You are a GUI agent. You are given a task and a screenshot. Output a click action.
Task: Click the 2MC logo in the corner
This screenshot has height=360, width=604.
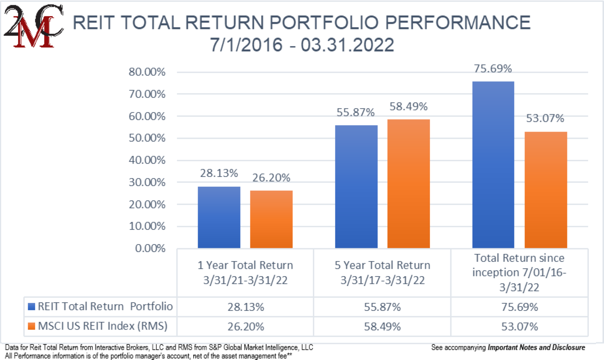[33, 27]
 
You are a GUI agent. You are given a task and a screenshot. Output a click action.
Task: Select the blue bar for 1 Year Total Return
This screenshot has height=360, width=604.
[219, 217]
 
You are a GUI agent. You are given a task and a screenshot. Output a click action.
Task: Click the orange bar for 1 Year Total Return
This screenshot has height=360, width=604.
[271, 219]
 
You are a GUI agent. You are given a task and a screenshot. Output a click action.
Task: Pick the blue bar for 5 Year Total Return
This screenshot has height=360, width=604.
[356, 187]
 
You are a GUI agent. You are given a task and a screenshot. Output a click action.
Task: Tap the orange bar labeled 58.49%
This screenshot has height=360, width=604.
[408, 184]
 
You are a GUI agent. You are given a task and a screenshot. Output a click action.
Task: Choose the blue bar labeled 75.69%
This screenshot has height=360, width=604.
[493, 165]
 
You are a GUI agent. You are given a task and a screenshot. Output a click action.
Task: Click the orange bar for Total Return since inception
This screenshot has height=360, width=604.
[545, 190]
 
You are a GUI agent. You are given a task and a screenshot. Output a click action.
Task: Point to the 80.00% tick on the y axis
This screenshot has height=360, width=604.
[147, 72]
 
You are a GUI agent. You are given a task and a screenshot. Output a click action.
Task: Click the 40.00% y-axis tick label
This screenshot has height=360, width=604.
[147, 160]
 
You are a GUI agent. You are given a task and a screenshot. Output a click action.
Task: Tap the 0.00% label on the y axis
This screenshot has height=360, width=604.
[150, 248]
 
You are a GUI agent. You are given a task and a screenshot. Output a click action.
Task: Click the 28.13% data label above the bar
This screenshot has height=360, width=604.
[219, 173]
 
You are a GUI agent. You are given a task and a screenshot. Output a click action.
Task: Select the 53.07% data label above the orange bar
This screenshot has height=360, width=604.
[545, 119]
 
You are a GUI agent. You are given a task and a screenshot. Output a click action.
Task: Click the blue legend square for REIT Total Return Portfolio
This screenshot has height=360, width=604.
[31, 307]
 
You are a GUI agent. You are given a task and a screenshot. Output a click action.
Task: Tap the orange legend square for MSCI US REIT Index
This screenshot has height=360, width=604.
[31, 326]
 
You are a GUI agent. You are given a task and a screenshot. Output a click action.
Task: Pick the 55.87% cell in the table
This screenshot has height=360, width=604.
[382, 307]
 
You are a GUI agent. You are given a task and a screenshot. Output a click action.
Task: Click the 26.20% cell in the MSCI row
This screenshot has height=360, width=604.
[246, 326]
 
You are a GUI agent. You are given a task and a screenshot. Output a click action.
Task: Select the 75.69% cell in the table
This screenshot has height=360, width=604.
[519, 307]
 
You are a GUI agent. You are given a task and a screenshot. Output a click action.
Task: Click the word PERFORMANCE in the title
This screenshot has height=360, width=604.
[458, 23]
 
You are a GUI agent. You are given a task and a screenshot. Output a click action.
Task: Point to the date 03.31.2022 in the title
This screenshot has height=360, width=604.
[347, 45]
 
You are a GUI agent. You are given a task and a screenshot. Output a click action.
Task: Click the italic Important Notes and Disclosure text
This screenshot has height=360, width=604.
[536, 347]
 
